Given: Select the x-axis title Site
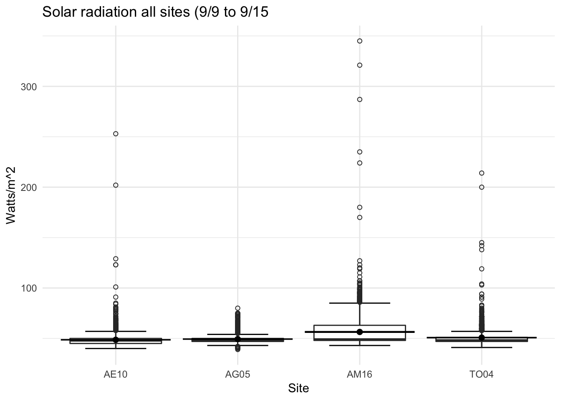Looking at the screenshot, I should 298,388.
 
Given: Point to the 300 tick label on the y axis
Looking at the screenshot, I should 29,87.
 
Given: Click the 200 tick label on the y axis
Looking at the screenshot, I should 29,188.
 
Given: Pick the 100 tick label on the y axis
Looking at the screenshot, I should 29,288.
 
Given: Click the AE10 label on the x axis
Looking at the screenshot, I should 116,374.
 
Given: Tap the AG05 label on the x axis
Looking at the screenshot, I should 238,374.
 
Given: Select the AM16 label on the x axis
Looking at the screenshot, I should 359,374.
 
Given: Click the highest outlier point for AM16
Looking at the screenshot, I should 359,41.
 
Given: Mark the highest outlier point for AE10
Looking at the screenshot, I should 116,134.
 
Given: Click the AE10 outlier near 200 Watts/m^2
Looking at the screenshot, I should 116,185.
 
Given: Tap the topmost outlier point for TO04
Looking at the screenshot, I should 481,173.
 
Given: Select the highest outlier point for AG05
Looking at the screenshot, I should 238,308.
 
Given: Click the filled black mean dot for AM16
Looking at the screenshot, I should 359,332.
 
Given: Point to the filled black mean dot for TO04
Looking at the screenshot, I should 481,338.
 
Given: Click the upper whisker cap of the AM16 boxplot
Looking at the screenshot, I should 359,303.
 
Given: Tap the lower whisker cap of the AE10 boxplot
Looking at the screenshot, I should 116,348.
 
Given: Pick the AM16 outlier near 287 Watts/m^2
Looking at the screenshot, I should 359,99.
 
